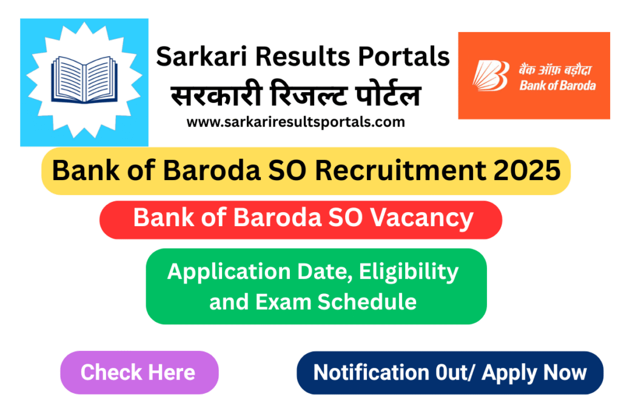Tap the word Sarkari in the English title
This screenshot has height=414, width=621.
coord(195,57)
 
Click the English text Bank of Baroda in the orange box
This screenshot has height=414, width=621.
coord(557,85)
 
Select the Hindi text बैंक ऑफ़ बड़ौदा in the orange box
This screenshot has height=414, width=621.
coord(557,68)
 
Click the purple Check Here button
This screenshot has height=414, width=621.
coord(138,372)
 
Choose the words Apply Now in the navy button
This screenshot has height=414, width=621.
coord(529,372)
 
